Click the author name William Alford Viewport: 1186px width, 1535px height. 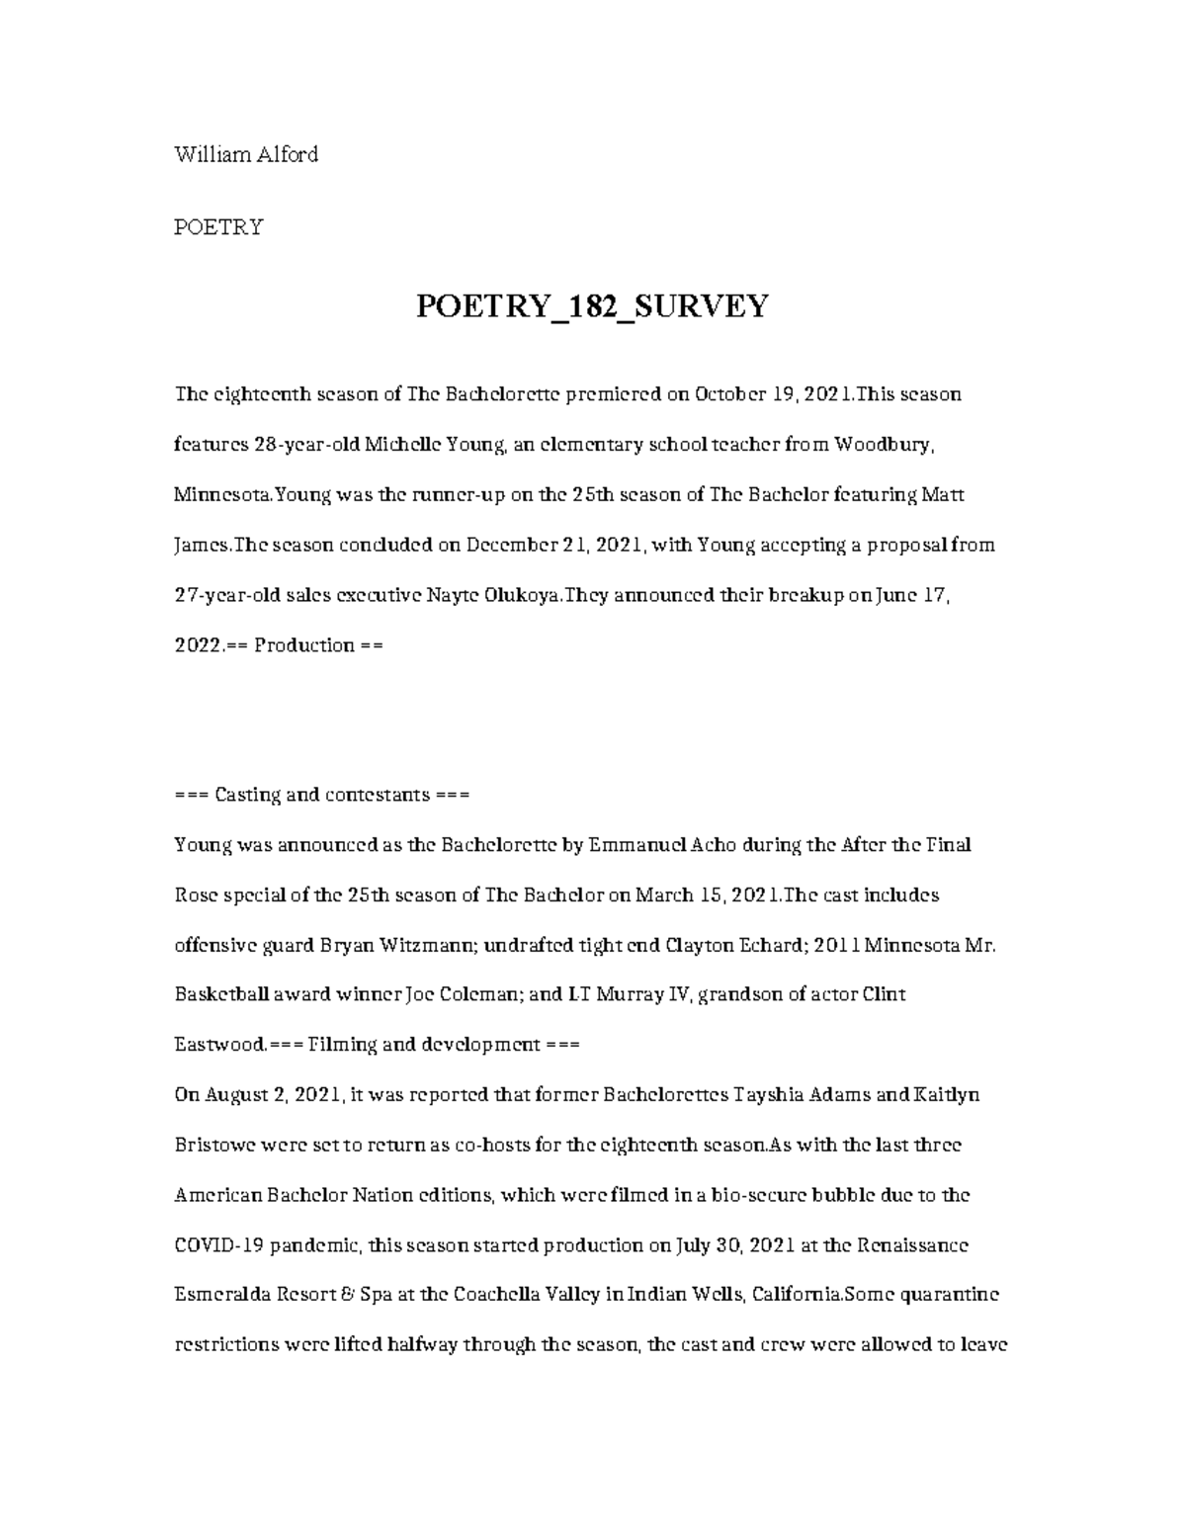pyautogui.click(x=246, y=154)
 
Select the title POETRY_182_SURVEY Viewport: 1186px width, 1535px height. pyautogui.click(x=591, y=306)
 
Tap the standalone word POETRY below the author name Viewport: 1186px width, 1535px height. pyautogui.click(x=218, y=227)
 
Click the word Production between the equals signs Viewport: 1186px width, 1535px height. pyautogui.click(x=303, y=645)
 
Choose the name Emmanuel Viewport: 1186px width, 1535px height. pyautogui.click(x=628, y=845)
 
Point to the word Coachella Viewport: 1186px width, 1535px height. pyautogui.click(x=485, y=1295)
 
